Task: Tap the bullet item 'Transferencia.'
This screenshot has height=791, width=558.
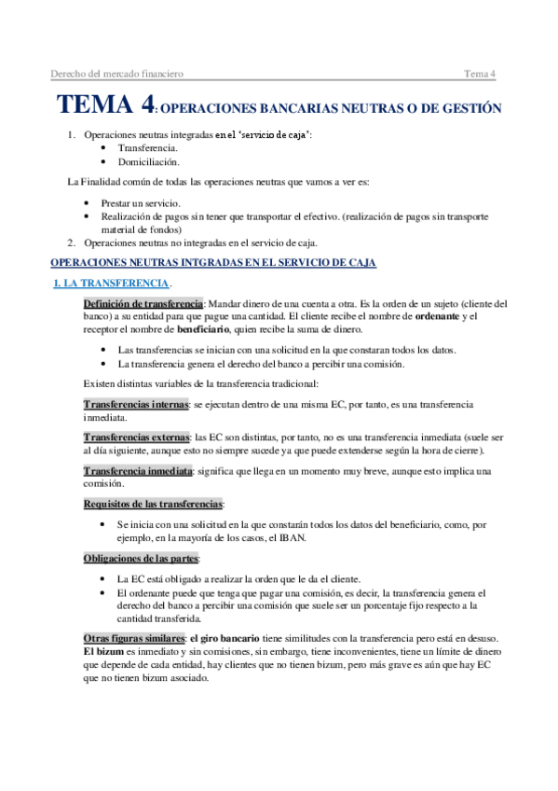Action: pos(148,148)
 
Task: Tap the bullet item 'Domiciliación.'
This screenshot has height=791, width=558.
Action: pos(149,162)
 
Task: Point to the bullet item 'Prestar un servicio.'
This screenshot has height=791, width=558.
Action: pos(142,202)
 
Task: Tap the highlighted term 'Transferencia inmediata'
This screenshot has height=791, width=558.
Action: pos(138,470)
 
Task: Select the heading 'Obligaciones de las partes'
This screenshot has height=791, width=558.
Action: pos(140,558)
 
